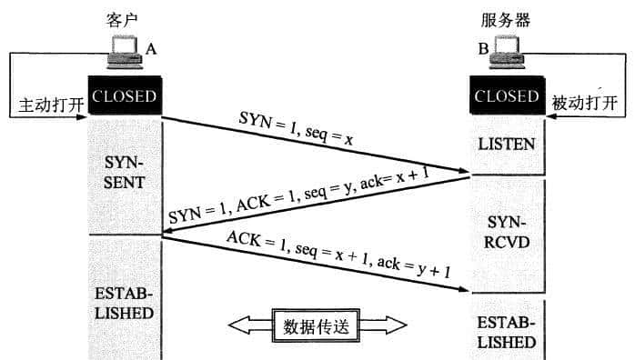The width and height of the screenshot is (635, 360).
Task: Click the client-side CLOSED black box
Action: tap(125, 96)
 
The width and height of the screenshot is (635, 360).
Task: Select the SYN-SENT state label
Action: tap(125, 174)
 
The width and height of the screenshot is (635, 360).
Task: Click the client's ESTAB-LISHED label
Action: tap(125, 304)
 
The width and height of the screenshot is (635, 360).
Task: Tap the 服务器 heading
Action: tap(506, 18)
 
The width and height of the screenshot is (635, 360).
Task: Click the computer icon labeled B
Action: tap(510, 56)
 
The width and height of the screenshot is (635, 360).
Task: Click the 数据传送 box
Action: tap(315, 325)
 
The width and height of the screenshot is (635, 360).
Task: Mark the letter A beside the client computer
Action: tap(151, 50)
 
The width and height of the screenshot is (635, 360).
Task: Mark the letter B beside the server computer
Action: tap(483, 50)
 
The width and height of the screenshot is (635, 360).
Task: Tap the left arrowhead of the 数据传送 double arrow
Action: tap(238, 325)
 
